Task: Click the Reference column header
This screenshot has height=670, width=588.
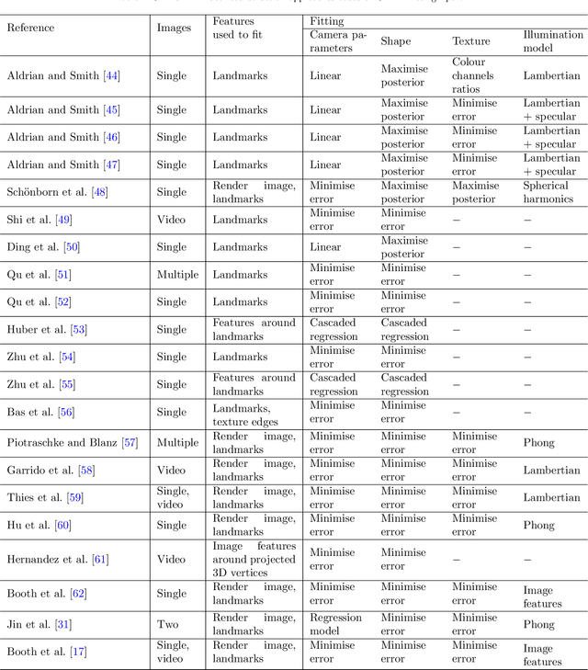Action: tap(30, 28)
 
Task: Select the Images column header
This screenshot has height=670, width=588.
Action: tap(175, 28)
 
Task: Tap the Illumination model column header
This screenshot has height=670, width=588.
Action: tap(553, 41)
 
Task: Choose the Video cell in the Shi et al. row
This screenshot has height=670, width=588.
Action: tap(171, 220)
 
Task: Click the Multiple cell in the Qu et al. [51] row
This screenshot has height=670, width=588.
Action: tap(176, 275)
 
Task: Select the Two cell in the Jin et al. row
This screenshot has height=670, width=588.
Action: tap(168, 624)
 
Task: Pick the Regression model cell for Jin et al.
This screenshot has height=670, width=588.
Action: tap(335, 624)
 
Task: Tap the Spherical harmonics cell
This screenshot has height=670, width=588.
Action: tap(546, 192)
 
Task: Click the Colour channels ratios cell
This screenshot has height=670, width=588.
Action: tap(473, 76)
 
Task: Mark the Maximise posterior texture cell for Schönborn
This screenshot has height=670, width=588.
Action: tap(475, 192)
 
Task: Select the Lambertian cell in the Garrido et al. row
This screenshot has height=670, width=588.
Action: tap(551, 470)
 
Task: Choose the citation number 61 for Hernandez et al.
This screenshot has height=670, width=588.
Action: tap(100, 559)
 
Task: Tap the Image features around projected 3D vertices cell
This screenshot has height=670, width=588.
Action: tap(254, 559)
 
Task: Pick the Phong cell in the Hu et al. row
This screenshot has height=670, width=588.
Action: tap(538, 525)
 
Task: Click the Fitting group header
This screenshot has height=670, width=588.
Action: tap(326, 19)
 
